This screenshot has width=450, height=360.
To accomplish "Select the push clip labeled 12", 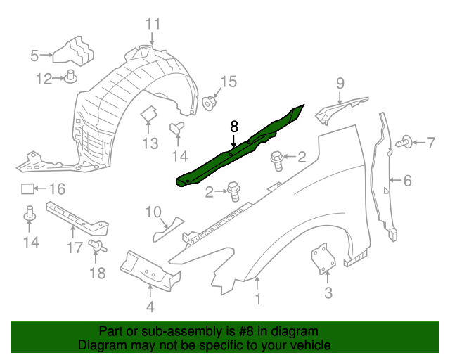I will pos(72,77).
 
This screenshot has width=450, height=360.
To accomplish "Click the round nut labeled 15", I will pos(209,103).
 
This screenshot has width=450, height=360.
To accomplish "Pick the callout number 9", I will pos(340,84).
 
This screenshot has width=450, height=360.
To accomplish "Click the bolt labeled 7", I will pos(403,143).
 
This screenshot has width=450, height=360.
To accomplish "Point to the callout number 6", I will pos(406,181).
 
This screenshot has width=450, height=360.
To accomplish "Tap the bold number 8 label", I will pos(234,127).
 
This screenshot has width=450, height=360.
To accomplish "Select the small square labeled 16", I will pos(27,188).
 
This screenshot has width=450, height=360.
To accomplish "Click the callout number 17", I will pos(75,247).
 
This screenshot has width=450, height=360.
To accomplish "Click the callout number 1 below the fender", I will pos(257,301).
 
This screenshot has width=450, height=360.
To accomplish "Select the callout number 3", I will pos(328,292).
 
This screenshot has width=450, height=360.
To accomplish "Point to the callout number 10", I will pos(153,211).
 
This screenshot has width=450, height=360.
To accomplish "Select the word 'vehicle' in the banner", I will pos(312,345).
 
